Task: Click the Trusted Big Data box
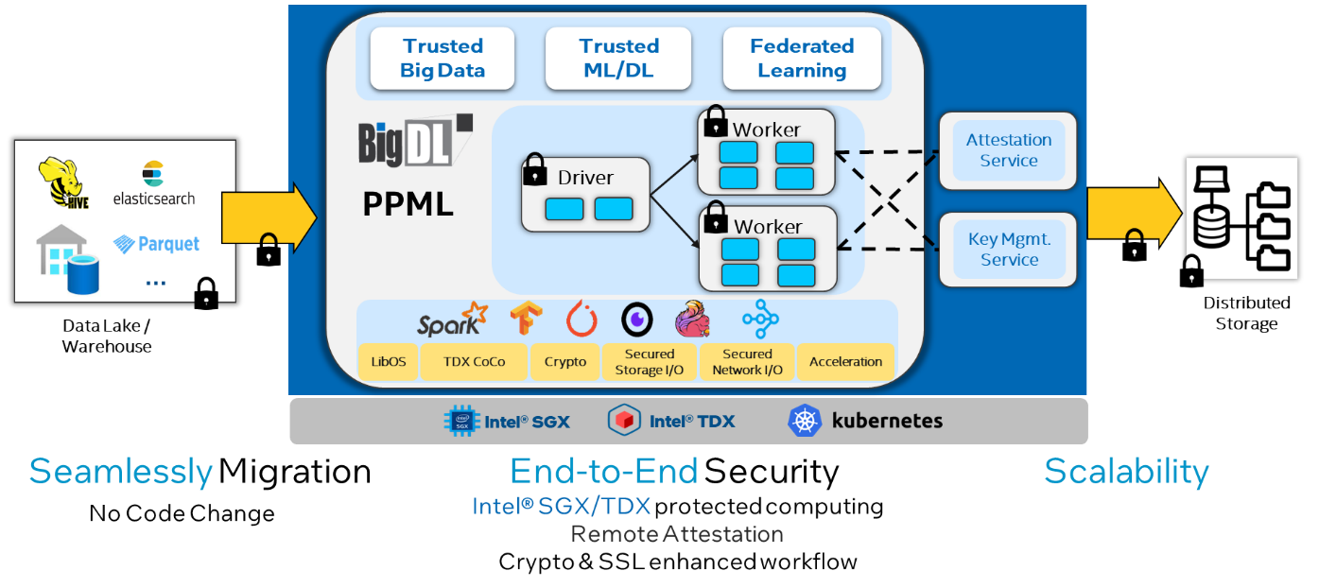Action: pyautogui.click(x=442, y=59)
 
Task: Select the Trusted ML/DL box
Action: pyautogui.click(x=618, y=59)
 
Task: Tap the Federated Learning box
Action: pyautogui.click(x=802, y=59)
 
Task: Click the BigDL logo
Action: pyautogui.click(x=414, y=142)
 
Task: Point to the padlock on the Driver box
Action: pyautogui.click(x=535, y=170)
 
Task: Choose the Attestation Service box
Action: pyautogui.click(x=1008, y=150)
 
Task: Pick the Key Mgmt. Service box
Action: pyautogui.click(x=1008, y=250)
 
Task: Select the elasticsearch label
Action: pyautogui.click(x=153, y=199)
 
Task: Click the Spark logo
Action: pyautogui.click(x=452, y=320)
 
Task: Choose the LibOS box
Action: pyautogui.click(x=388, y=362)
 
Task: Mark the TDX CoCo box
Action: pyautogui.click(x=474, y=362)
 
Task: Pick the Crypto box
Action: pyautogui.click(x=565, y=362)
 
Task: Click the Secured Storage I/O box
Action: pyautogui.click(x=649, y=362)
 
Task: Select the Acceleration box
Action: pyautogui.click(x=845, y=362)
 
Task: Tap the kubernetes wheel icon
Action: pyautogui.click(x=804, y=421)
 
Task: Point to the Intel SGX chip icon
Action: pyautogui.click(x=461, y=421)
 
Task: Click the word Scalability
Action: pyautogui.click(x=1125, y=472)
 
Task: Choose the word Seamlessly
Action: pyautogui.click(x=120, y=472)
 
